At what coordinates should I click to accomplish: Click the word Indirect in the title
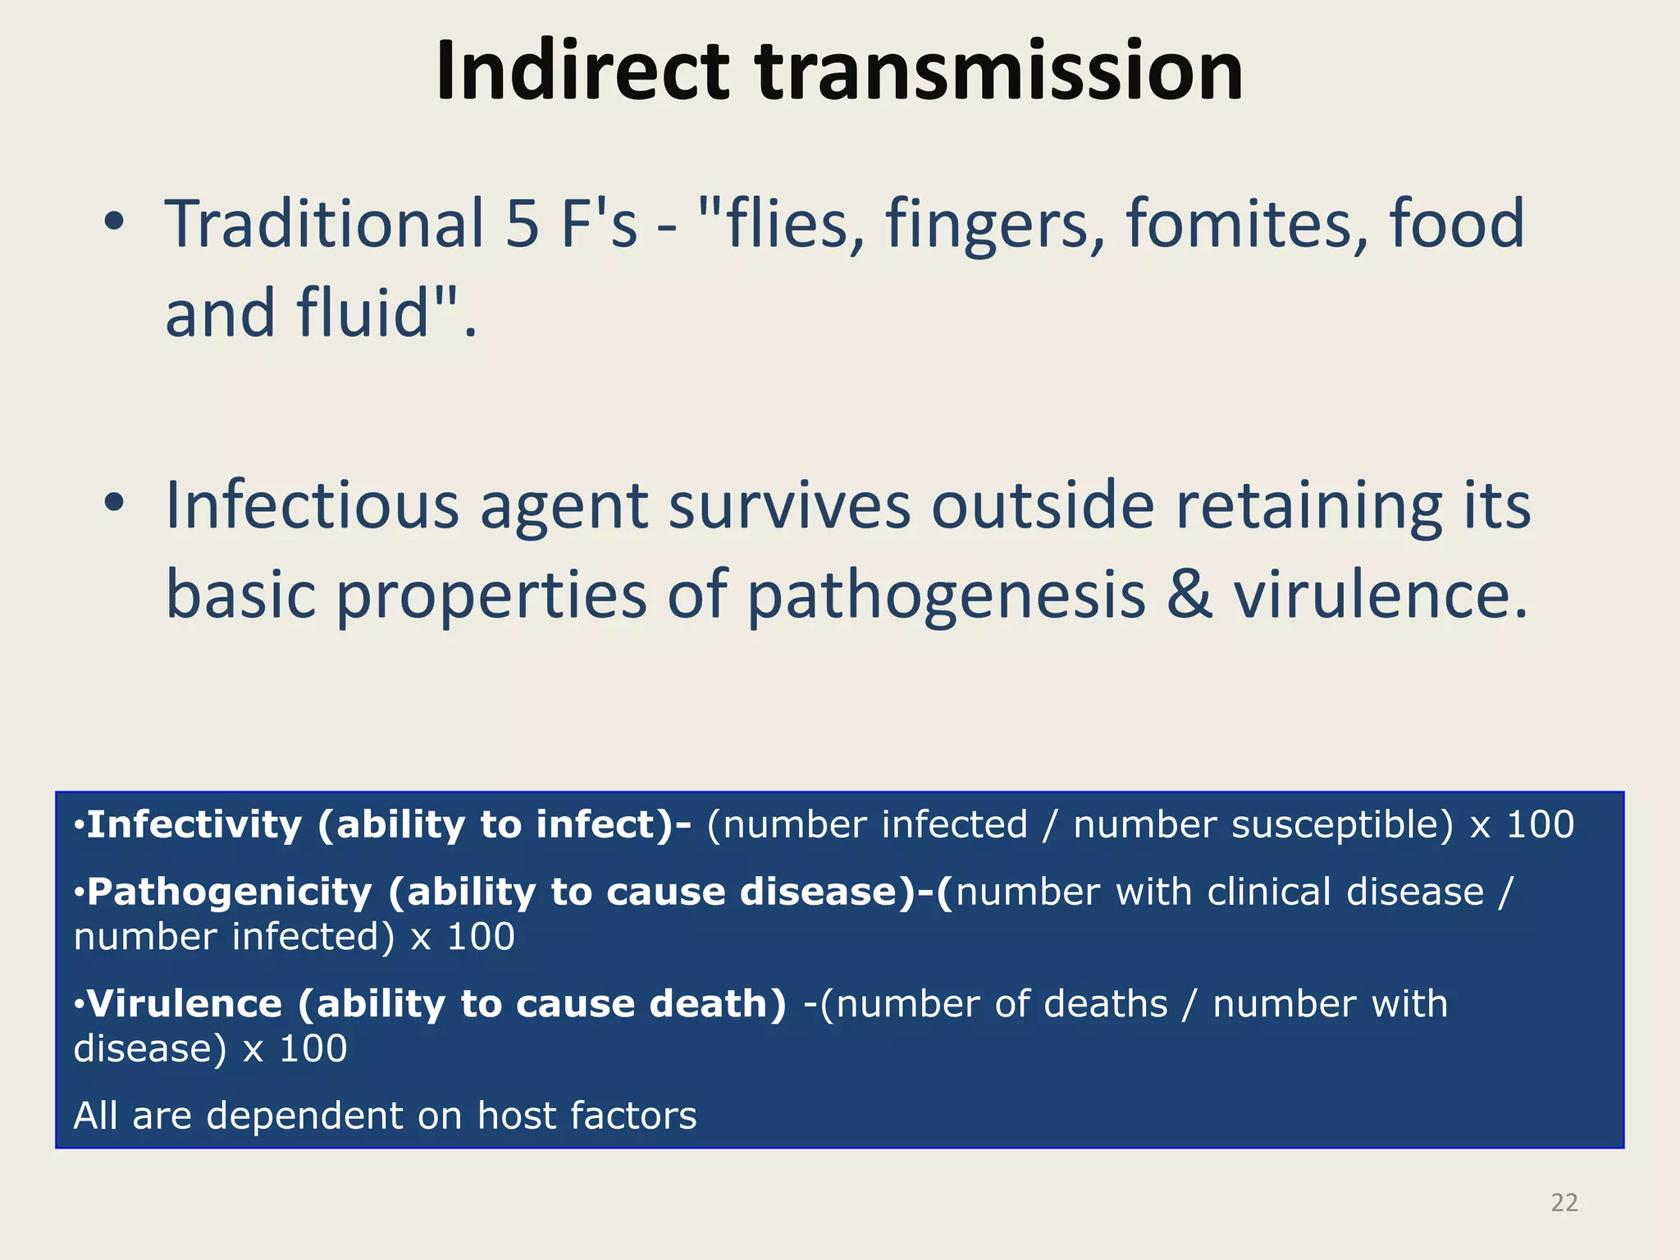(x=582, y=72)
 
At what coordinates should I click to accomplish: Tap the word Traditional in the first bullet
(x=325, y=224)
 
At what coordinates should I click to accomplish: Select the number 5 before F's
(x=522, y=224)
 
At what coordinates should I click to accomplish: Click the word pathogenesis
(x=946, y=597)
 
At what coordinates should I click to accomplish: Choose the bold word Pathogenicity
(x=230, y=892)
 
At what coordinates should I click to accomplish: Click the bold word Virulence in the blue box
(x=185, y=1004)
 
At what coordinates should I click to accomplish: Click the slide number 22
(x=1564, y=1203)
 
